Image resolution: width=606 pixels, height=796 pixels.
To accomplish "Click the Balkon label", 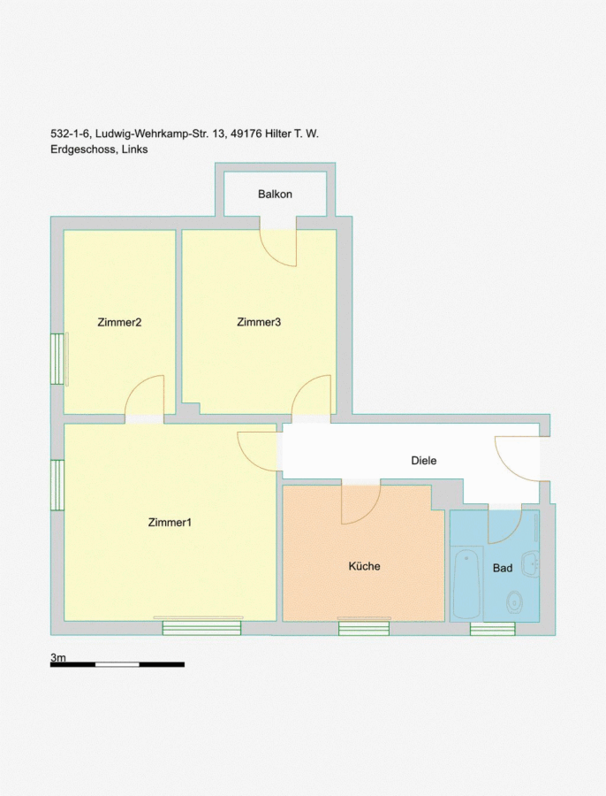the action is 275,194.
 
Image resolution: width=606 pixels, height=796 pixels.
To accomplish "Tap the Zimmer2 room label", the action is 119,322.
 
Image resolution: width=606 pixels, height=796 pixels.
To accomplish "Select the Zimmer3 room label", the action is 259,322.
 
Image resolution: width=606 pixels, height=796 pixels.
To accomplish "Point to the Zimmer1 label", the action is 170,523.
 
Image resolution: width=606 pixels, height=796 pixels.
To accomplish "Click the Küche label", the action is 364,566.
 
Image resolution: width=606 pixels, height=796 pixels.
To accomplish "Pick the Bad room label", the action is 503,568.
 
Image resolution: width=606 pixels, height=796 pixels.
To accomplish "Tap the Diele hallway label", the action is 423,461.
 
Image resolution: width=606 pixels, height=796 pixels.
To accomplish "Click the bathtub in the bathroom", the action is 466,584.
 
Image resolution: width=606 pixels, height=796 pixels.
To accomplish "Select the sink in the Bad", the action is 531,563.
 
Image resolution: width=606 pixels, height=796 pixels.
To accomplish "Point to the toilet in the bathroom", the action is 515,602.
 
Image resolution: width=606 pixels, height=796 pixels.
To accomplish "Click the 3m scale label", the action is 57,657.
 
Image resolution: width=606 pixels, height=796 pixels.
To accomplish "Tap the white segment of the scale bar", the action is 117,664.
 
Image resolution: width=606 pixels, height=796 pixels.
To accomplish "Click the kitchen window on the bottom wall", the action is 364,629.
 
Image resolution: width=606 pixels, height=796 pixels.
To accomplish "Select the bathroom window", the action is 492,629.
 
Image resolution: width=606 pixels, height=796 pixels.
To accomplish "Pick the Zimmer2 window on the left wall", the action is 57,358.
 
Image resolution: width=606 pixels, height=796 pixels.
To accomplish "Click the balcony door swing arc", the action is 278,249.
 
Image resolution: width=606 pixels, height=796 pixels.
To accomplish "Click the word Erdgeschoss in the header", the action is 83,149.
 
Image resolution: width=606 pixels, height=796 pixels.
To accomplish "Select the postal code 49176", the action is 246,134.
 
